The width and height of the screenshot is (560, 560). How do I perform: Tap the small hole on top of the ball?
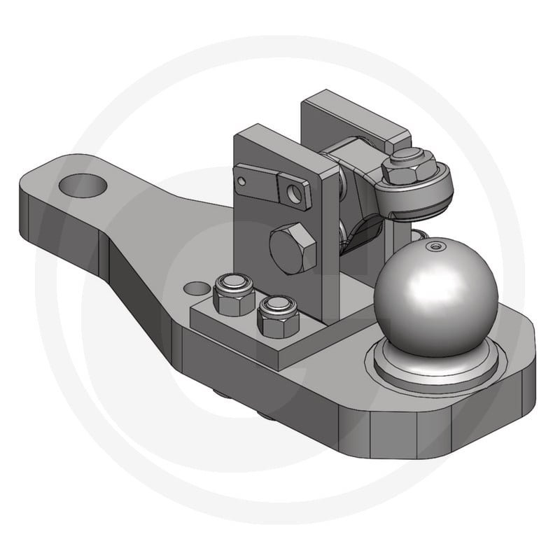[x=437, y=246]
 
